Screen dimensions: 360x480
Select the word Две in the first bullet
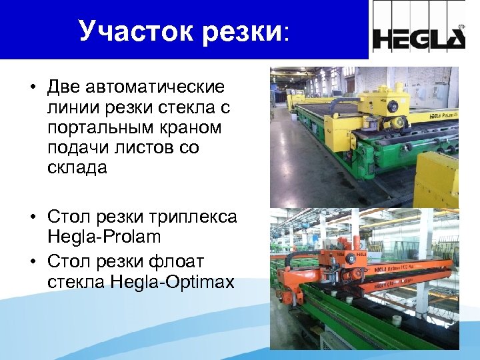click(64, 87)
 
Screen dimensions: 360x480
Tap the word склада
click(77, 167)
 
